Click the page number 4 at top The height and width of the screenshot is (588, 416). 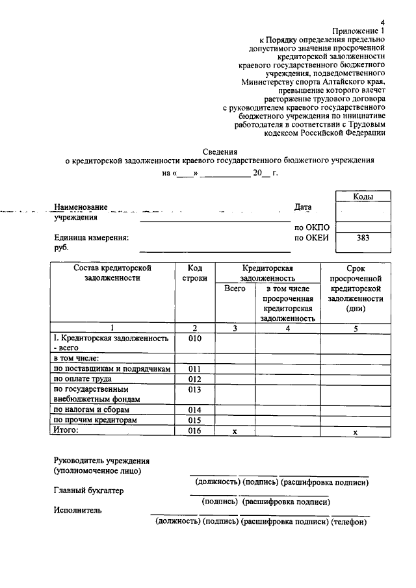click(382, 21)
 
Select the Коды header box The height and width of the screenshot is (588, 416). click(363, 196)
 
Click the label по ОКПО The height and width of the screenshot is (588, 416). click(312, 227)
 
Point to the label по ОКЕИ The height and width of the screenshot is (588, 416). click(312, 238)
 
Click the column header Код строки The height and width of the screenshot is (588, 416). click(195, 273)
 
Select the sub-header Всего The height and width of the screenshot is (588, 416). click(235, 288)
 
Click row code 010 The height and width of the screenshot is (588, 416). click(195, 339)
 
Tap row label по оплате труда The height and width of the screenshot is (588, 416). click(83, 379)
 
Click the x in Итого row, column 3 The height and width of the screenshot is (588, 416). click(235, 431)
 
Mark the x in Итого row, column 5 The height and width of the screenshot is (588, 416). click(356, 432)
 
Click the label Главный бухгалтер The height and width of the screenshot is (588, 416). click(88, 491)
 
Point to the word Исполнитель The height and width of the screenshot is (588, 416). click(77, 511)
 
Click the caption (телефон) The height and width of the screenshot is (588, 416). click(350, 522)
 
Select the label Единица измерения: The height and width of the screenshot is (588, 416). click(92, 238)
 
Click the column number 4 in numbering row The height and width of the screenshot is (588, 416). click(287, 329)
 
